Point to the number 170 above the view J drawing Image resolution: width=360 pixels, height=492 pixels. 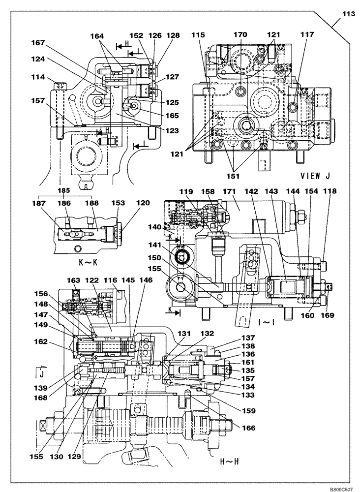click(x=240, y=35)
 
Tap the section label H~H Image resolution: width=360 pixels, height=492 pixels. click(x=229, y=462)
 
